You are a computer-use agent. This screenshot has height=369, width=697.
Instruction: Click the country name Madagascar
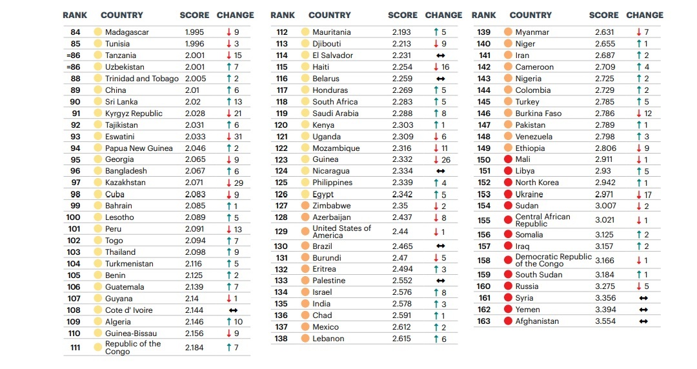(x=127, y=32)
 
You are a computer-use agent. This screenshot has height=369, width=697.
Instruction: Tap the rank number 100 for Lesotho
(x=74, y=217)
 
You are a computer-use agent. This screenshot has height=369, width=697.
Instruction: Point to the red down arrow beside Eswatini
(x=228, y=137)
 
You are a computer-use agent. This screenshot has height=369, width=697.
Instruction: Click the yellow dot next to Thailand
(x=98, y=252)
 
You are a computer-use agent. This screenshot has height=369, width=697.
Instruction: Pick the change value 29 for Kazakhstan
(x=239, y=183)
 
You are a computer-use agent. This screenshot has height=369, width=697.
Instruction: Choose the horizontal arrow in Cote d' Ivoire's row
(x=233, y=310)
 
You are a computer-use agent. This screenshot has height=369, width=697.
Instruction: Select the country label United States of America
(x=341, y=232)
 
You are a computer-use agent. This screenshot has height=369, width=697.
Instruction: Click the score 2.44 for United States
(x=400, y=232)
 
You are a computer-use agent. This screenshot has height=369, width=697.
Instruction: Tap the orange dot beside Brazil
(x=305, y=246)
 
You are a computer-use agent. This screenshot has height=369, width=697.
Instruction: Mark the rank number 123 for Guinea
(x=281, y=159)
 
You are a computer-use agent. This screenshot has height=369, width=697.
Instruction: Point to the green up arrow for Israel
(x=436, y=292)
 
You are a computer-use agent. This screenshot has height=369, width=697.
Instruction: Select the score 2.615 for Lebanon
(x=404, y=339)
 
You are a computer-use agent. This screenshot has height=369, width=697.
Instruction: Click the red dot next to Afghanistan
(x=508, y=321)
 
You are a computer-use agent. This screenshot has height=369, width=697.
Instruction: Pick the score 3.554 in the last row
(x=605, y=321)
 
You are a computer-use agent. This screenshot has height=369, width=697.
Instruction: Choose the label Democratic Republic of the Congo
(x=553, y=260)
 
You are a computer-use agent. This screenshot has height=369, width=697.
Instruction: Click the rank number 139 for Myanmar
(x=483, y=32)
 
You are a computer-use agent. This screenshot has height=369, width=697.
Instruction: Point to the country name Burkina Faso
(x=539, y=114)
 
